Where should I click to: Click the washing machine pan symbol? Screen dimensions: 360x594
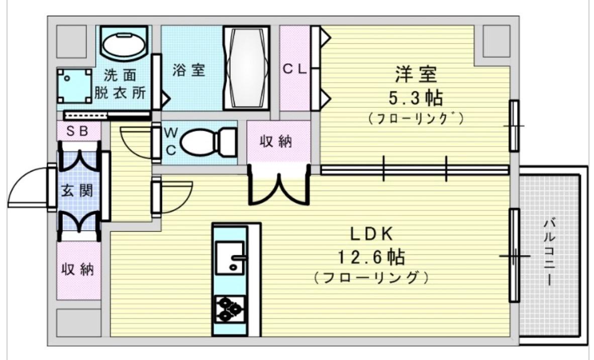coord(74,86)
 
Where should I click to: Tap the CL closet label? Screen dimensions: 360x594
coord(294,69)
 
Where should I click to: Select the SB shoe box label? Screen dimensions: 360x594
coord(77,131)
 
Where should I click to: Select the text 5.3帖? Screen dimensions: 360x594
coord(416,98)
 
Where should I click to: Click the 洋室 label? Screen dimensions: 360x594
coord(416,75)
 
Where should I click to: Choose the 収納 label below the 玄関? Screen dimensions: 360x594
coord(77,269)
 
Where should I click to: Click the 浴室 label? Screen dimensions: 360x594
coord(188,70)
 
